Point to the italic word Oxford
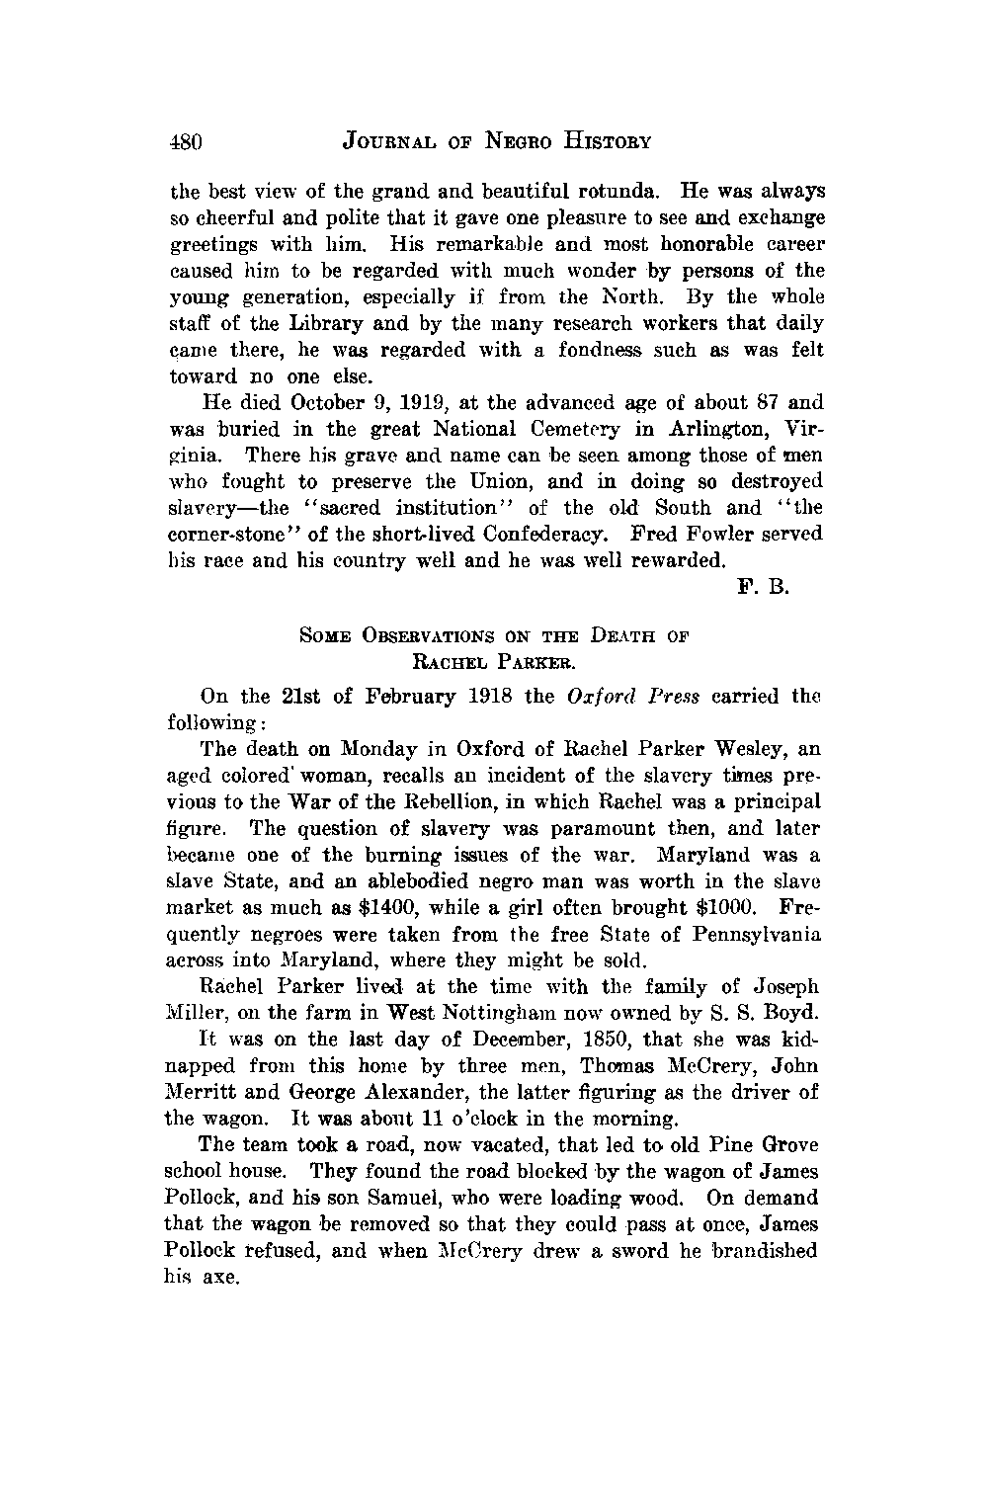[598, 696]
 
